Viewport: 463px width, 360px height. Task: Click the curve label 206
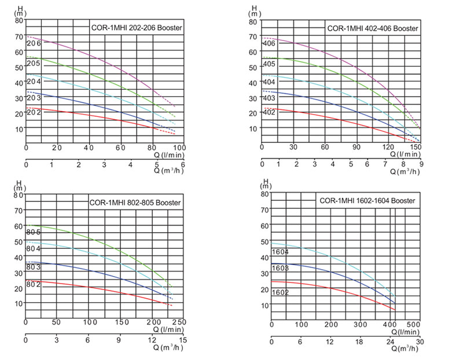34,43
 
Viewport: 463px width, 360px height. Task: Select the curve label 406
269,44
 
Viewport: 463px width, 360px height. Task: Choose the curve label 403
269,98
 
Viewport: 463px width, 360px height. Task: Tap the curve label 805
34,232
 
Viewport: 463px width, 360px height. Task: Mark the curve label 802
34,285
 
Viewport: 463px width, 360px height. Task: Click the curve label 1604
281,252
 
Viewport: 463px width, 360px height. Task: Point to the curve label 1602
281,292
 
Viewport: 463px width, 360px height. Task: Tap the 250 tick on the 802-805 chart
180,322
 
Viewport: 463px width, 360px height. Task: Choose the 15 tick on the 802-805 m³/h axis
183,340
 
